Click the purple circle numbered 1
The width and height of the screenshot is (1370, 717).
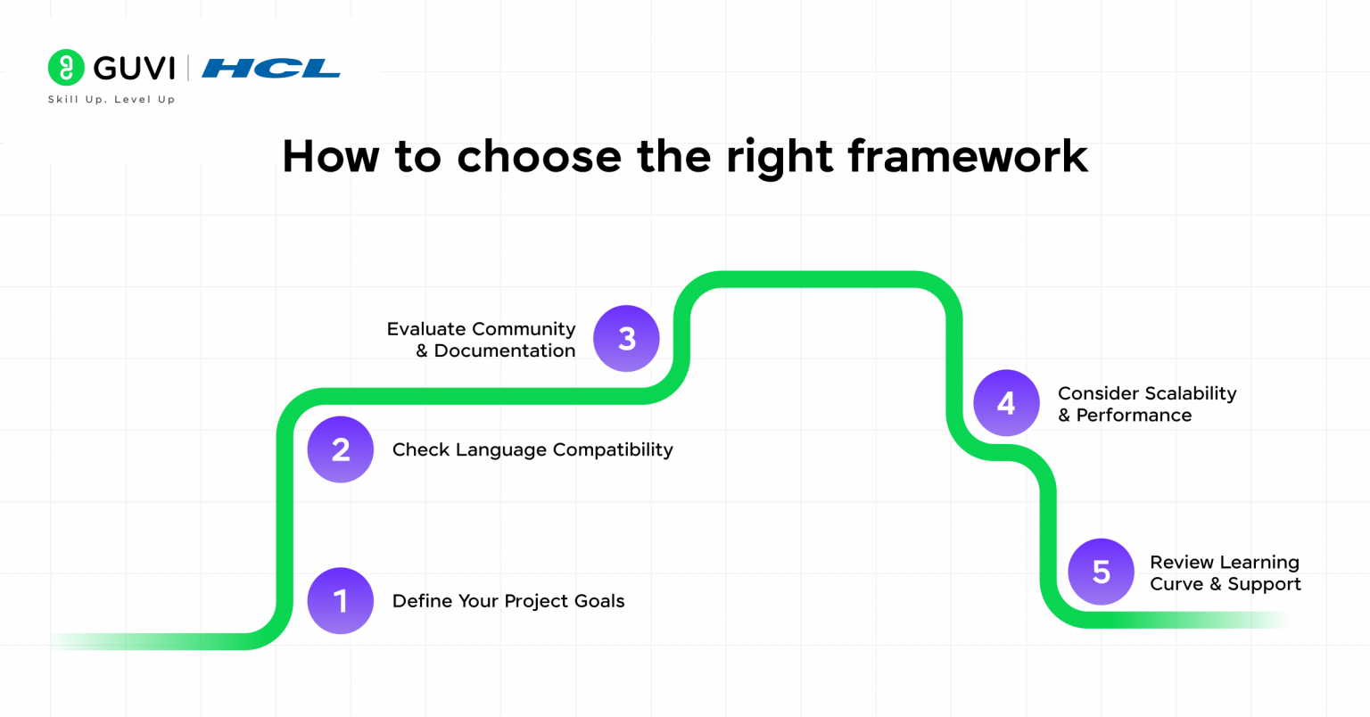[x=341, y=601]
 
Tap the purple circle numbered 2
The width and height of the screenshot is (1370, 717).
[x=341, y=449]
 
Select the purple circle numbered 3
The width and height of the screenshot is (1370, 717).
[x=626, y=339]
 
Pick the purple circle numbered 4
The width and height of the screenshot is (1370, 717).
[x=1006, y=403]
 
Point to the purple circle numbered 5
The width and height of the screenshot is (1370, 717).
[x=1101, y=572]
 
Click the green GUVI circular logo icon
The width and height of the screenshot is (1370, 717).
[x=66, y=68]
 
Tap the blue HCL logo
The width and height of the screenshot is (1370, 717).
[x=271, y=69]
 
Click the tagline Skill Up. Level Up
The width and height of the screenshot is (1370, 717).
[x=111, y=100]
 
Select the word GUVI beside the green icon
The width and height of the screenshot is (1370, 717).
[x=134, y=69]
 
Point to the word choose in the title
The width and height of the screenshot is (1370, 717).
[x=539, y=156]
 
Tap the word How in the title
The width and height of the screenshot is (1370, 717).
[x=330, y=156]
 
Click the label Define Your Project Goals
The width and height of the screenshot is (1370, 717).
[x=508, y=601]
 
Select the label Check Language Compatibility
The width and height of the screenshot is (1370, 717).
[x=532, y=449]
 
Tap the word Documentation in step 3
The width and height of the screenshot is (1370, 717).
[x=504, y=351]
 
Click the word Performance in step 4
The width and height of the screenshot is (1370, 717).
[x=1134, y=416]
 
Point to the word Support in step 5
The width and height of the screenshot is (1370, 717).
[x=1264, y=584]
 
